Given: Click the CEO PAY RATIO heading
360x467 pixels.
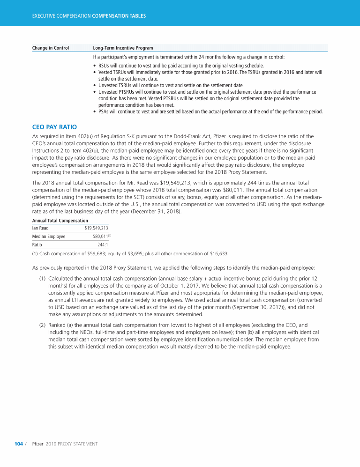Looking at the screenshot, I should [x=54, y=127].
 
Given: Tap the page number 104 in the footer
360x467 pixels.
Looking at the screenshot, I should [x=19, y=444].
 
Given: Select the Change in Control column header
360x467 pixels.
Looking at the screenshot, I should [x=51, y=48].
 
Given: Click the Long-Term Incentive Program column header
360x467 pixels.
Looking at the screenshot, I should [x=123, y=48].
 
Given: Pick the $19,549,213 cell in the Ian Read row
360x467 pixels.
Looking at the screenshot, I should [x=96, y=228].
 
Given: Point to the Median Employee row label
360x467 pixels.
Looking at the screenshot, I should [x=49, y=237].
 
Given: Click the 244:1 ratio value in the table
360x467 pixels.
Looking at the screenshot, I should [x=103, y=245].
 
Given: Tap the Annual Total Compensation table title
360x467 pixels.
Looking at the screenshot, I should [x=60, y=220].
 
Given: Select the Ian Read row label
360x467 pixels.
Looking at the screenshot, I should [x=40, y=228].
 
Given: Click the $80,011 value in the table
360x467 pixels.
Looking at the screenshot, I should [x=100, y=237].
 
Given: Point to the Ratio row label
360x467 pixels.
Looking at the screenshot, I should [x=37, y=245].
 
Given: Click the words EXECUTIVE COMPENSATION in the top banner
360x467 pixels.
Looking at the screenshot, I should [x=61, y=16].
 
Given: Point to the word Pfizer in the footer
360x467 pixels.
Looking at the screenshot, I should [x=37, y=444].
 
